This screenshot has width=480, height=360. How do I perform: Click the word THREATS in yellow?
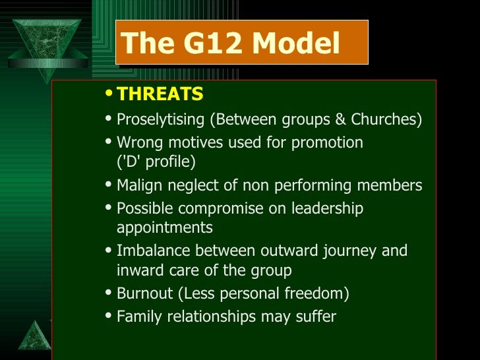160,95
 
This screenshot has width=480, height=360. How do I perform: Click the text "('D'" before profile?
131,162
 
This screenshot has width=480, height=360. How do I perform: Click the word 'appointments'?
165,228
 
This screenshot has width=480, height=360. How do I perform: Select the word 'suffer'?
315,316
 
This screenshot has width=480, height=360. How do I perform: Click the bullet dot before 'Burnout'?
109,293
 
